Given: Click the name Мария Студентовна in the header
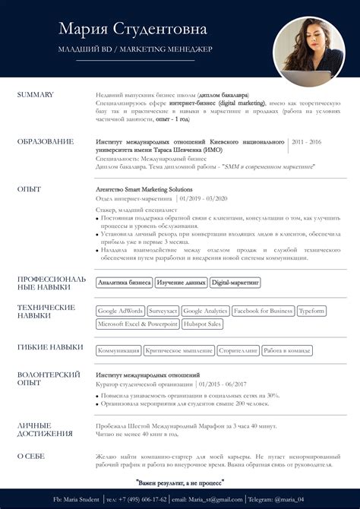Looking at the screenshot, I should point(131,30).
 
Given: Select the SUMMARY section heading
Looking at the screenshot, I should point(35,94).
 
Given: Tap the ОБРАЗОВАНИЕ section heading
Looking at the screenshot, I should point(46,141).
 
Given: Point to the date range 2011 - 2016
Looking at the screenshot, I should point(306,142).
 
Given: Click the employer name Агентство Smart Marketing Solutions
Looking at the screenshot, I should point(144,189).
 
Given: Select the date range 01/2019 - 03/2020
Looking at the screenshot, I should point(204,198).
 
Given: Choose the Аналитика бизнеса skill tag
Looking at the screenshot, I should point(125,283).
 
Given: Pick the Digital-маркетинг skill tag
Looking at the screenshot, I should point(235,283).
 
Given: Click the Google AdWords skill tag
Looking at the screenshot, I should point(121,311).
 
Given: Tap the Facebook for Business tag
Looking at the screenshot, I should point(263,311).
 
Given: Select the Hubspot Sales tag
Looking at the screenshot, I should point(203,324).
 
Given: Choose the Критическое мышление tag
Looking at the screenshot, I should point(178,351).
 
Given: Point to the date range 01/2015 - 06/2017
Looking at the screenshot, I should point(230,384).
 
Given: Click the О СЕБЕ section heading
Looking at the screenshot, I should point(33,456).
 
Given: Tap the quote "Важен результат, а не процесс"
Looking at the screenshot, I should point(180,482).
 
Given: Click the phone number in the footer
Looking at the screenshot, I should point(137,499).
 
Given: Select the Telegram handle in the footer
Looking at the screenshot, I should point(280,499).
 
